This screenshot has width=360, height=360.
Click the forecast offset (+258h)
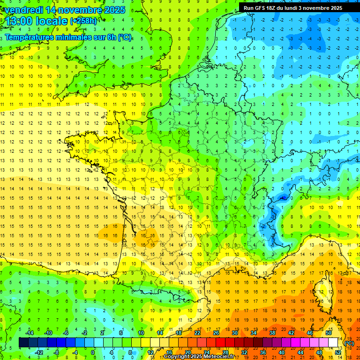(83, 21)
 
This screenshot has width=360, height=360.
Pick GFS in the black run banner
(261, 8)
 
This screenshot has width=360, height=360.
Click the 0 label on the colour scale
(92, 352)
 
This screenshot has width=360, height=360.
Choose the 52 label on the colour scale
(338, 352)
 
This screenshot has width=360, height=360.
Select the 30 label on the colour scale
(235, 333)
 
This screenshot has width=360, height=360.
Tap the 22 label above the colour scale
(197, 333)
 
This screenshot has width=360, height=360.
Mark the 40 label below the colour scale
(282, 352)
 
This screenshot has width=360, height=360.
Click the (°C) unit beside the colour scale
(349, 343)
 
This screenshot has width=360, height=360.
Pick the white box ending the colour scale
(333, 343)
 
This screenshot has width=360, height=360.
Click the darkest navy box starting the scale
(23, 343)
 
